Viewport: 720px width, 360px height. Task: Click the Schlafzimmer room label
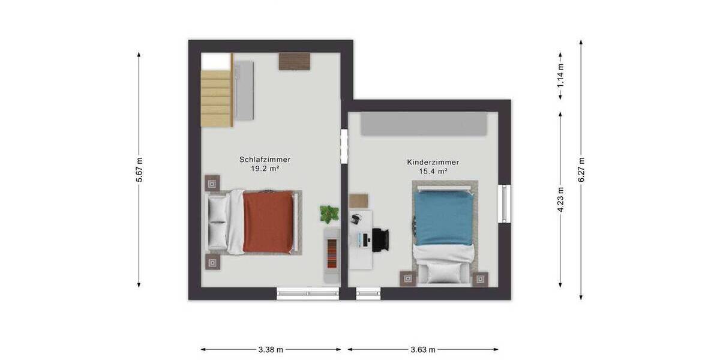click(x=265, y=160)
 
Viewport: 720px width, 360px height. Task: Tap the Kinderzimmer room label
click(x=433, y=162)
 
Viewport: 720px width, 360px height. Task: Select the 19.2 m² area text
click(x=265, y=169)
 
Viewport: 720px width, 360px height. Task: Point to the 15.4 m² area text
click(x=433, y=172)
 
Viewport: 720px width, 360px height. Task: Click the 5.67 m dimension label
click(x=139, y=170)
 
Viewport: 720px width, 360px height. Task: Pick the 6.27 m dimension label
click(x=581, y=170)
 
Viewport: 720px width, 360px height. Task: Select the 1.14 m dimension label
click(x=560, y=75)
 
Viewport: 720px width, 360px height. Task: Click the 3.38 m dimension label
click(x=271, y=349)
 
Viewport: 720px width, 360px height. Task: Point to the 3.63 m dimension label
click(x=423, y=349)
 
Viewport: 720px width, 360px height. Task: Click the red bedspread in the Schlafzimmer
click(x=269, y=222)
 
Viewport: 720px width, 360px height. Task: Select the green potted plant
click(x=329, y=212)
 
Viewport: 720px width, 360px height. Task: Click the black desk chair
click(x=380, y=239)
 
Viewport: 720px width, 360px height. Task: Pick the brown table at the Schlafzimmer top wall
click(x=295, y=61)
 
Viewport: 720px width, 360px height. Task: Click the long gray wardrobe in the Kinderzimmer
click(x=423, y=124)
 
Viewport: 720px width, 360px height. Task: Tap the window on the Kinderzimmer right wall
click(x=505, y=203)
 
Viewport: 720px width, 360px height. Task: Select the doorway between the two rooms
click(x=344, y=145)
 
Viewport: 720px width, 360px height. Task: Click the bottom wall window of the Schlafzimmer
click(x=308, y=293)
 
